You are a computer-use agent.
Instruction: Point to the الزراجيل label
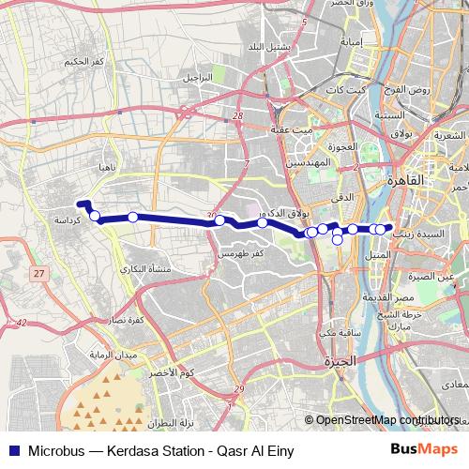click(200, 76)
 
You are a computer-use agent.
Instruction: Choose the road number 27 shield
click(38, 273)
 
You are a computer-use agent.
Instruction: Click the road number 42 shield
click(22, 323)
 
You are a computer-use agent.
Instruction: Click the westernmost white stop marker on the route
click(95, 216)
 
